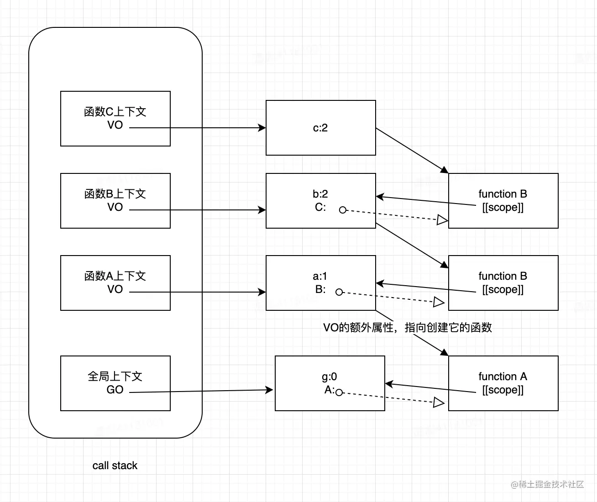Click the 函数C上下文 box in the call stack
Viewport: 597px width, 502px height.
115,112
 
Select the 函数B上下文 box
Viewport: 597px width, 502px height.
115,194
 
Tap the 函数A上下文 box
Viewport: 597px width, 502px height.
115,276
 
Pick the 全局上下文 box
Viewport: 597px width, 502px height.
115,376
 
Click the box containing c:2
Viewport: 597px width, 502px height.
320,128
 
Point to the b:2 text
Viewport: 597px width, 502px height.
320,194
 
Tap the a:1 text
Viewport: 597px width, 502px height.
320,276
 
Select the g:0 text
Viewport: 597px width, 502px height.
329,376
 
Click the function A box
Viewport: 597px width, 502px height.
503,376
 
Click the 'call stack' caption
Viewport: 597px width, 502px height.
115,465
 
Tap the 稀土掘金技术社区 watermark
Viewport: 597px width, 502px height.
547,484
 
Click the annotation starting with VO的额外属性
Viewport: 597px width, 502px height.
407,328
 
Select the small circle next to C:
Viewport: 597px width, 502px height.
343,210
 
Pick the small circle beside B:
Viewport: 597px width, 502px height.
339,292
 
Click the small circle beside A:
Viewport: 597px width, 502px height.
339,392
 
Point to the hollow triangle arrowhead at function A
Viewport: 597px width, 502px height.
439,403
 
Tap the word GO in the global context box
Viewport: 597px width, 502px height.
115,390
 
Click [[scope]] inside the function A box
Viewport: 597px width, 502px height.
503,390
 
